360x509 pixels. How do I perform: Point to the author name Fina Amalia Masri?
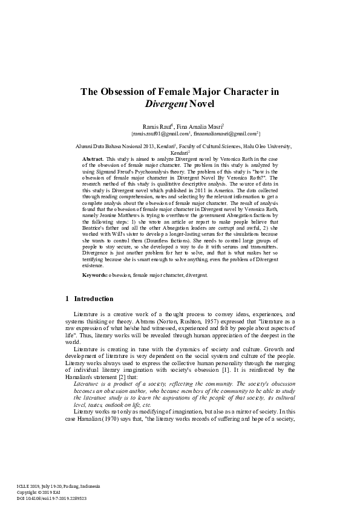[201, 125]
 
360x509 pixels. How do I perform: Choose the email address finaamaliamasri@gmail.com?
[224, 133]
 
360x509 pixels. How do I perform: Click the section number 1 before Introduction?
[67, 299]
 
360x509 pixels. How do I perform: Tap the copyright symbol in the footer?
[43, 492]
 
